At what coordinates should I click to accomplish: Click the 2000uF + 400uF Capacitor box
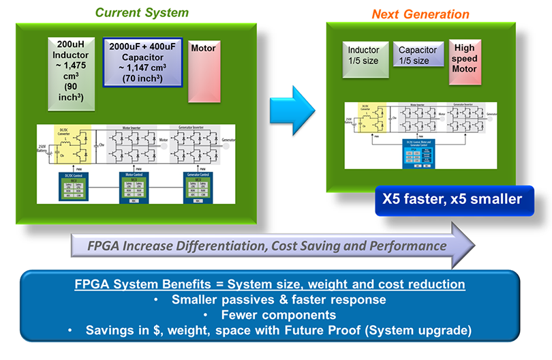(142, 61)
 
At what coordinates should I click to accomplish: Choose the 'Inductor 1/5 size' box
(364, 55)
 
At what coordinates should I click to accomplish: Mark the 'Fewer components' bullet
(279, 315)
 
